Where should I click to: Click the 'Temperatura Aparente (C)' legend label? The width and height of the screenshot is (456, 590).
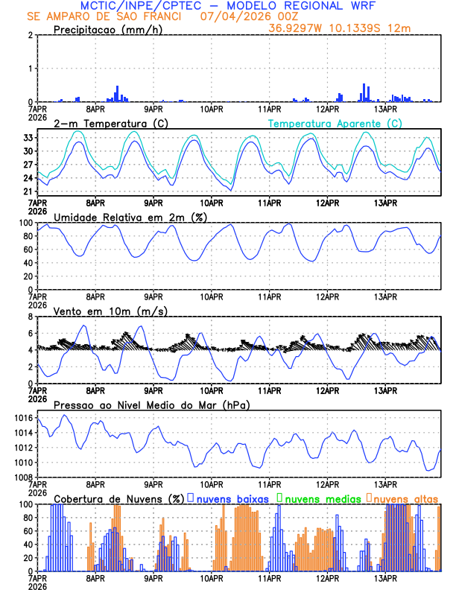click(x=335, y=123)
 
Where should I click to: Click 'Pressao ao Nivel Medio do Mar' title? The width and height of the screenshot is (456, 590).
click(x=152, y=405)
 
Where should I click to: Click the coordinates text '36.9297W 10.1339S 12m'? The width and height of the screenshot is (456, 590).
click(x=350, y=29)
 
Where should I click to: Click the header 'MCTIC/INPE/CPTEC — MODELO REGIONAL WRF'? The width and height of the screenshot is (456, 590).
click(x=228, y=5)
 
